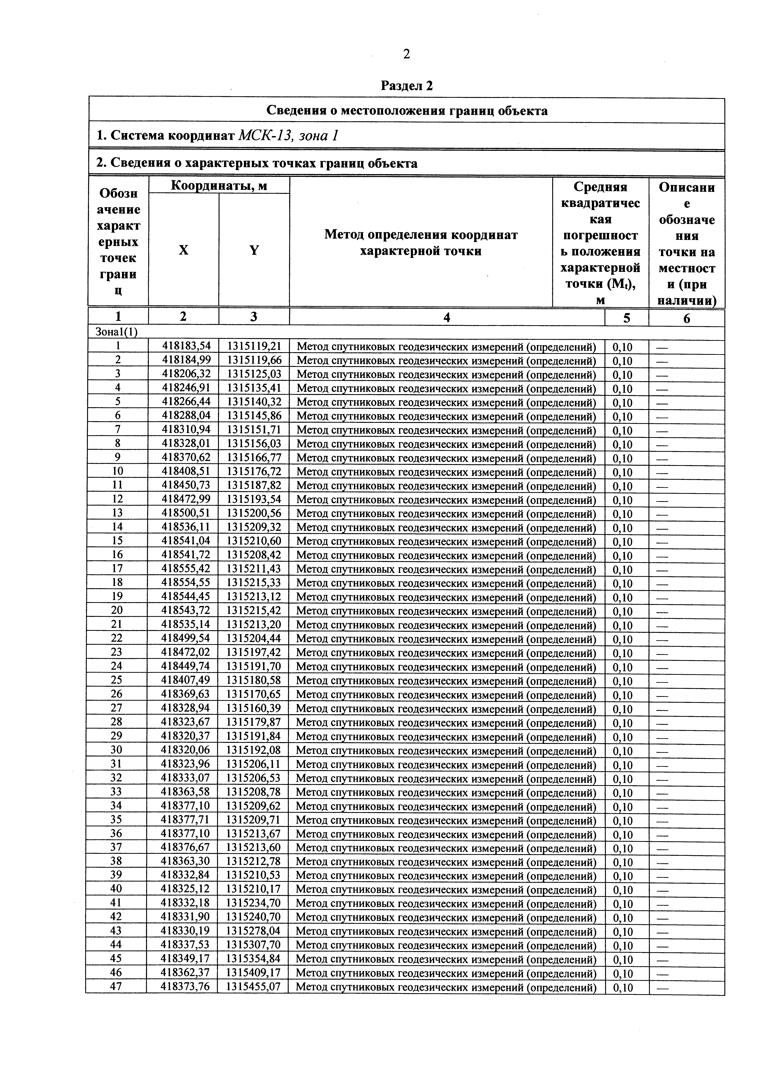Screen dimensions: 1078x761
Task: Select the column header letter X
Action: (x=184, y=250)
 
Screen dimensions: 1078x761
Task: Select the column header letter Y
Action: (x=254, y=250)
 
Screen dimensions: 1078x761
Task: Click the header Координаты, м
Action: (x=219, y=186)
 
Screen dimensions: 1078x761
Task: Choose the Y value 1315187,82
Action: (x=254, y=486)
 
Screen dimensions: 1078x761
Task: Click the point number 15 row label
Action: (x=117, y=541)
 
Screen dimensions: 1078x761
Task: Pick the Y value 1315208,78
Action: (x=254, y=792)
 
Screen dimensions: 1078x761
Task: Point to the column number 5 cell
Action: (x=627, y=318)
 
